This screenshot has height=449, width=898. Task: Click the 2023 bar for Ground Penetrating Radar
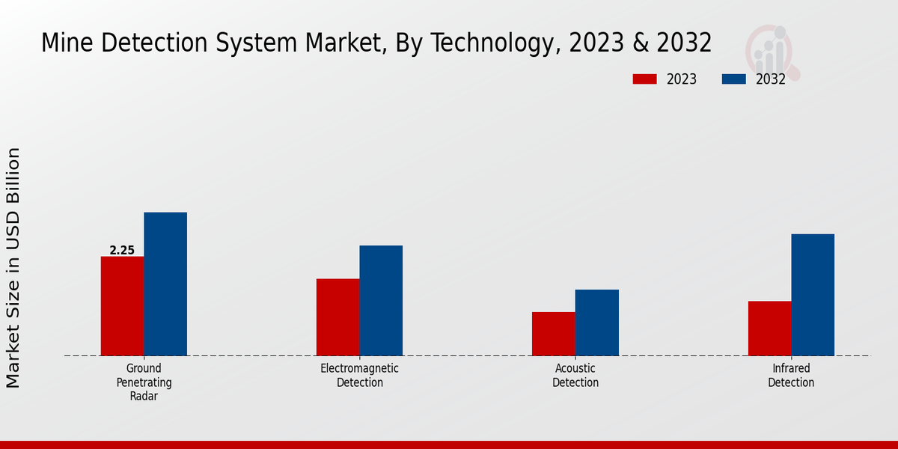[122, 306]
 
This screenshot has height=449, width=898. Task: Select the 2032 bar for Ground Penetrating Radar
[165, 284]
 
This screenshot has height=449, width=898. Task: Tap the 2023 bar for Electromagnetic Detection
[337, 317]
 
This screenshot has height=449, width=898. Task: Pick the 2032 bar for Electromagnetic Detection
[381, 301]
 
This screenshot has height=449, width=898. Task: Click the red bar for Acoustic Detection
[554, 334]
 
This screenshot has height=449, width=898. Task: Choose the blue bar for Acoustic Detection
[597, 323]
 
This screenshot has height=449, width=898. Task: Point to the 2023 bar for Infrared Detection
[769, 329]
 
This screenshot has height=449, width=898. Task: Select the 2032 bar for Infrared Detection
[813, 295]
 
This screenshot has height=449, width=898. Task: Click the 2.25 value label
[122, 251]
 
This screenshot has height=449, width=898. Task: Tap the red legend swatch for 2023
[644, 79]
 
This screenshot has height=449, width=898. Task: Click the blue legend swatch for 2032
[733, 79]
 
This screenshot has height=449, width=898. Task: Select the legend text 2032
[770, 79]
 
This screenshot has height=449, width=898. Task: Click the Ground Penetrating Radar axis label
[144, 382]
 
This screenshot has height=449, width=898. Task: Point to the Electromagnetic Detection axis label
[359, 376]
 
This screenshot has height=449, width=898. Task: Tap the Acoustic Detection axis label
[575, 376]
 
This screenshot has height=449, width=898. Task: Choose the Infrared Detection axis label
[791, 376]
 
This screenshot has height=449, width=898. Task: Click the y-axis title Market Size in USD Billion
[13, 267]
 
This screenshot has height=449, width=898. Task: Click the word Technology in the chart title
[492, 43]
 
